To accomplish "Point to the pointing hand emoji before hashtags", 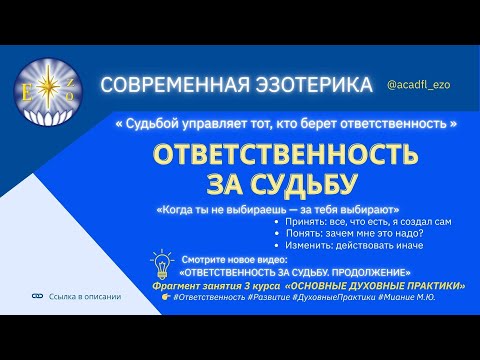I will tap(164, 297).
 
